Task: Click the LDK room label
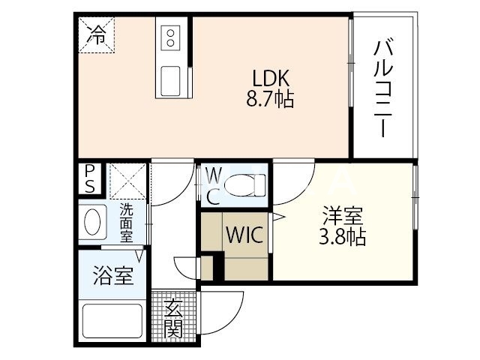271,79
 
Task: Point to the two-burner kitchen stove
170,37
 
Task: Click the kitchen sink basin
170,78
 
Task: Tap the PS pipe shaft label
90,178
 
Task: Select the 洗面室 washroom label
126,223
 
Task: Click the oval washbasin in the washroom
93,222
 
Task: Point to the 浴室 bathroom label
114,275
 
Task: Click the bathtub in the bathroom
112,319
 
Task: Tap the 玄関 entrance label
173,318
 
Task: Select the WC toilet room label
213,187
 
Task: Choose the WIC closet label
244,235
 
